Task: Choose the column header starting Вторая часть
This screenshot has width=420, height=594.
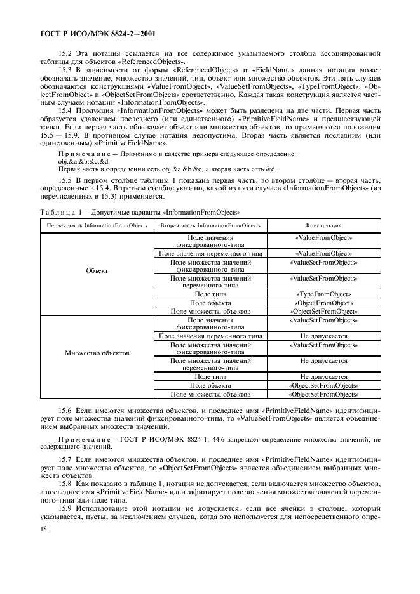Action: (x=210, y=225)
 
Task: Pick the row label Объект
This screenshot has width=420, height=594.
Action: (x=97, y=270)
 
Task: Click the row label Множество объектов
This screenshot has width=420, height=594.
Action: (x=97, y=352)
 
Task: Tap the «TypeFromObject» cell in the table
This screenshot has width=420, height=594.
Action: (x=323, y=294)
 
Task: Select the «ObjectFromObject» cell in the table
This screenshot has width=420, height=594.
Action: (x=323, y=303)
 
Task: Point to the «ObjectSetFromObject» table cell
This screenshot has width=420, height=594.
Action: (x=323, y=312)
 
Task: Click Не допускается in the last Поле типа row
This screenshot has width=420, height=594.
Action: (x=323, y=376)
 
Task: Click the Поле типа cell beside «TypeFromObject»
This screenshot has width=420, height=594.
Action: (x=210, y=294)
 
